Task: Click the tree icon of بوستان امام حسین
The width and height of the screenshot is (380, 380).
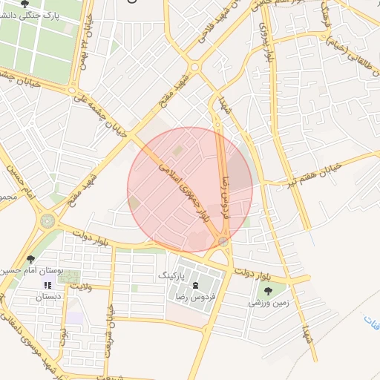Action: click(x=30, y=259)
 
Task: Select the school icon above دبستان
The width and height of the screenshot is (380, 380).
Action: click(x=47, y=285)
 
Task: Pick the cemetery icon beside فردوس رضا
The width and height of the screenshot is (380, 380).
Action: click(x=195, y=286)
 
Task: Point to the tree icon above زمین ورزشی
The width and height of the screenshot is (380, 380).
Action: click(x=268, y=291)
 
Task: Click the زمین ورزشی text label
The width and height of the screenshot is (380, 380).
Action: click(x=266, y=303)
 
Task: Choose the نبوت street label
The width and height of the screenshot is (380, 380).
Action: click(x=64, y=345)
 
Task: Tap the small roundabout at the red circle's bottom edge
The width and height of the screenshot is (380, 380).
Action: click(x=223, y=242)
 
